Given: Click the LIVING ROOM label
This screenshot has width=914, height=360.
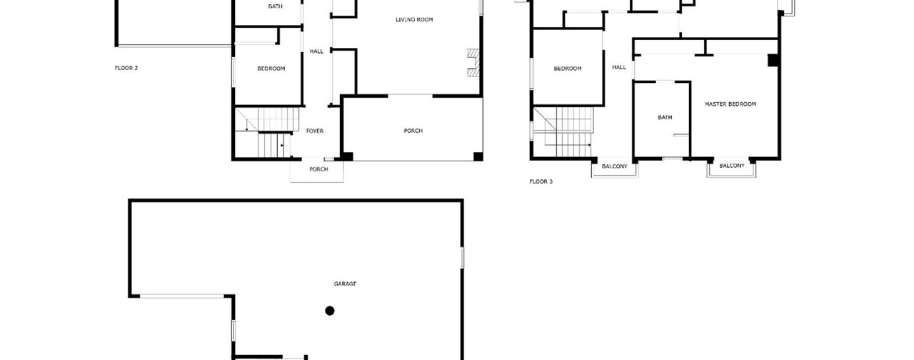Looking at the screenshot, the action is coord(414,19).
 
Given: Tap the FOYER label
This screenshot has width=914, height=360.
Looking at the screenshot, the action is coord(315,131).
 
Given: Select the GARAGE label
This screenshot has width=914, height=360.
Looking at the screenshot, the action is coord(345,284).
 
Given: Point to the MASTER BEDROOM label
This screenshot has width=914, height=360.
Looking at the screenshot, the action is coord(730,104).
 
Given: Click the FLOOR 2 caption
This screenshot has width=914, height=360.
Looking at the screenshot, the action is coord(126,68).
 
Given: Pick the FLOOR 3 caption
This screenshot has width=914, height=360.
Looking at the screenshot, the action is coord(541,181).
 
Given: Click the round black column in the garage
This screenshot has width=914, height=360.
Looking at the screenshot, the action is coord(330,311).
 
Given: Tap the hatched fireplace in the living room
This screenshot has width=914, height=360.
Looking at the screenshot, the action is coord(473,63).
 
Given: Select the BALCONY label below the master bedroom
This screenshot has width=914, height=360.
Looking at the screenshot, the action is coord(732,166).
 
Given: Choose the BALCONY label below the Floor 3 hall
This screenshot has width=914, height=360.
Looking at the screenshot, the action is coord(615,166).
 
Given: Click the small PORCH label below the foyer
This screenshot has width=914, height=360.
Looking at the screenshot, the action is coord(318,169).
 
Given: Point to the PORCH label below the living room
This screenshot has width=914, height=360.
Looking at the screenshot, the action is coord(413,131).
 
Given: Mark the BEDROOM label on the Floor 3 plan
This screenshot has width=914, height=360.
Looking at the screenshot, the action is coord(568,69).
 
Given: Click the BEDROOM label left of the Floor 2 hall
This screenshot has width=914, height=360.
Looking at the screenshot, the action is coord(271,69).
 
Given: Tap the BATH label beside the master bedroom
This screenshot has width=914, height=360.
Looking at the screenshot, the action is coord(665,117).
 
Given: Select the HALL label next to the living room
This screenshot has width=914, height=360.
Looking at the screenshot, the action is coord(316,51).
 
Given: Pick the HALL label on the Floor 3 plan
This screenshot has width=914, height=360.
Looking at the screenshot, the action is coord(619,67).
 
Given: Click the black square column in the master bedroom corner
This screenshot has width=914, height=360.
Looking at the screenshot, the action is coord(773,60).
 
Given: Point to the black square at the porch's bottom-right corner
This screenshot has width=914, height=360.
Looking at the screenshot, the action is coord(478,156).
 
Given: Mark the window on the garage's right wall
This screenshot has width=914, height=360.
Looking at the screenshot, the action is coord(462,258).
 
